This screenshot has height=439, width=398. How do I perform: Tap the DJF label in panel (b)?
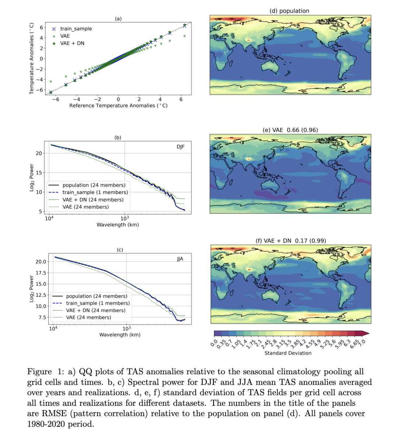tap(180, 147)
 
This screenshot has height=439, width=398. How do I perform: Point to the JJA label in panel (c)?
tap(180, 259)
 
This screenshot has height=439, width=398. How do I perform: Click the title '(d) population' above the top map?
tap(289, 11)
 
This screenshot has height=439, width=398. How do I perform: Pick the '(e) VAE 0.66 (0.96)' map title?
tap(290, 130)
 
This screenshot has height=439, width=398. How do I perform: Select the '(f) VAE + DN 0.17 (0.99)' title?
tap(291, 240)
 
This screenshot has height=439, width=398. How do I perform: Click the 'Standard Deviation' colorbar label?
tap(288, 353)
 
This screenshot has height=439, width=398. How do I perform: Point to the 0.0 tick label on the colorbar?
tap(214, 344)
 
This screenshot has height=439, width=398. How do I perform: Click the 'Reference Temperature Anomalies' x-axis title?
tap(118, 106)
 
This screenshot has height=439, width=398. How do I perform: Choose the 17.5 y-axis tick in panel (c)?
tap(41, 273)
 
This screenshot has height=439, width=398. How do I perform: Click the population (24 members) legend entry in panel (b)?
tap(94, 185)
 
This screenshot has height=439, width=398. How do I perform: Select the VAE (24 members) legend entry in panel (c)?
tap(88, 317)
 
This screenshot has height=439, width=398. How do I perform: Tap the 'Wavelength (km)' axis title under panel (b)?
tap(118, 225)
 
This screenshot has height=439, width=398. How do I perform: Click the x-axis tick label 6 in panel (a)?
tap(181, 99)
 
